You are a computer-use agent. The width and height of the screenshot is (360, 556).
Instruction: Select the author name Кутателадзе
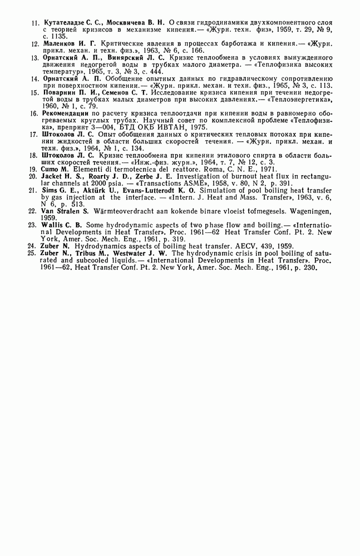click(62, 24)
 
